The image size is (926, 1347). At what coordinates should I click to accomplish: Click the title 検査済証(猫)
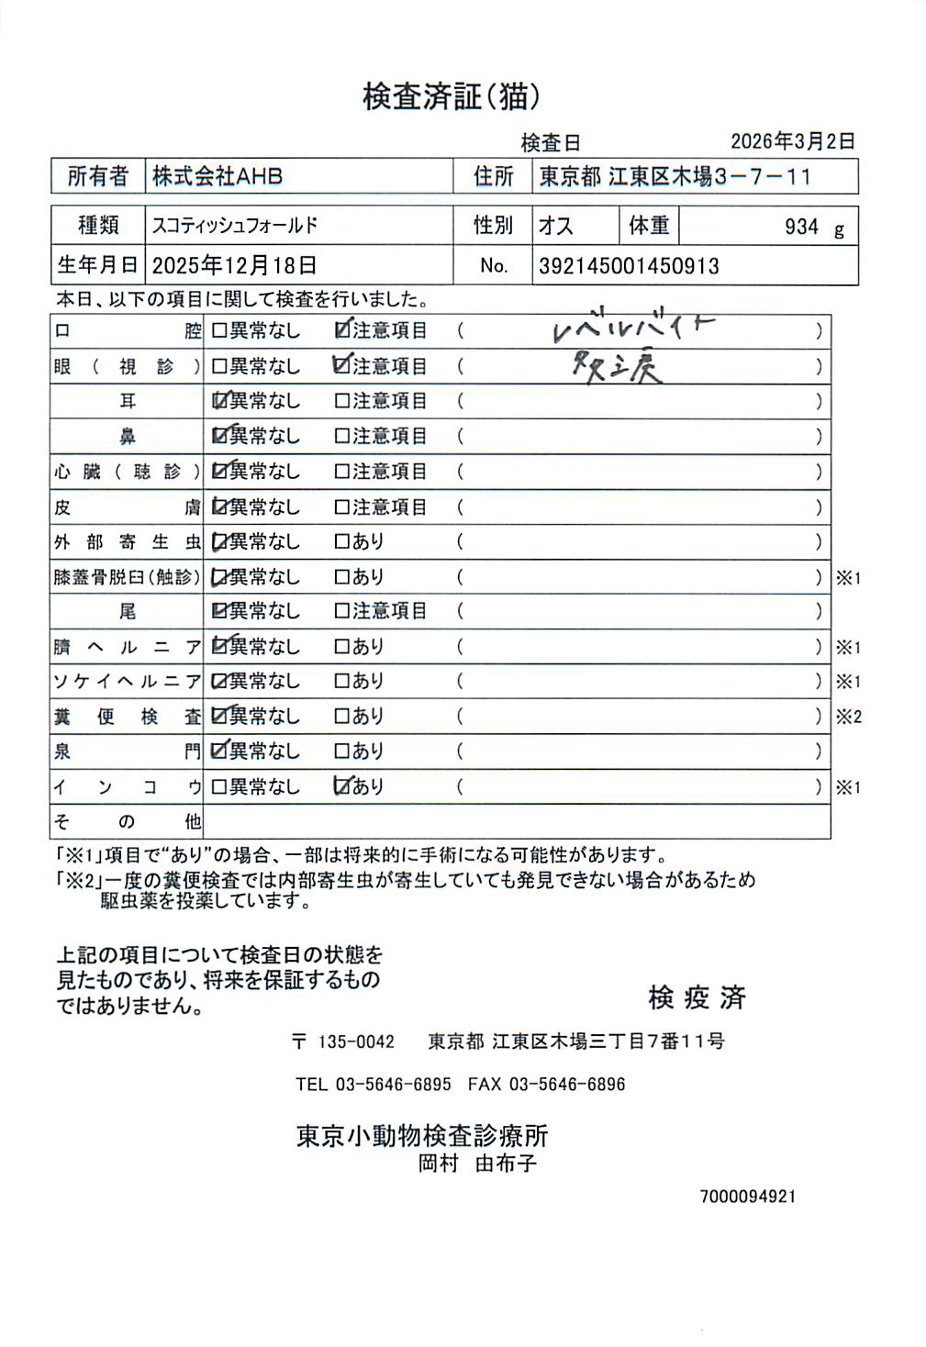click(451, 96)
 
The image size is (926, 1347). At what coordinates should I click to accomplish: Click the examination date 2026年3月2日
click(792, 141)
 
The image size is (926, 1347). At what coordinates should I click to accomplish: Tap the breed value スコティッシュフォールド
click(234, 226)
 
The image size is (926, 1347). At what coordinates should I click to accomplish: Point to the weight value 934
click(801, 228)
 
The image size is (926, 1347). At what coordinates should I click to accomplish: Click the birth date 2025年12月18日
click(234, 266)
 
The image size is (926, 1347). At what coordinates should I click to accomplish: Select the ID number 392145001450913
click(629, 266)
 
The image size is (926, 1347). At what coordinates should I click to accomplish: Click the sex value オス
click(556, 226)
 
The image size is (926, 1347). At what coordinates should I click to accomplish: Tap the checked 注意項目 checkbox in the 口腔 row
click(343, 330)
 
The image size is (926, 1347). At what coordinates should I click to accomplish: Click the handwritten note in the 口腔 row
click(632, 328)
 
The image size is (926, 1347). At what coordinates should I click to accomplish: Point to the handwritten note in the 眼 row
click(616, 368)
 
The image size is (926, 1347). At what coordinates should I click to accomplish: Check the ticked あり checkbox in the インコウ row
click(342, 786)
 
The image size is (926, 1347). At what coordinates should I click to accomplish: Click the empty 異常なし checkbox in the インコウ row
click(219, 787)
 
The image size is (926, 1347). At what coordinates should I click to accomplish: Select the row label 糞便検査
click(127, 717)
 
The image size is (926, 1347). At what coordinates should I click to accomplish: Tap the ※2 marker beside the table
click(848, 717)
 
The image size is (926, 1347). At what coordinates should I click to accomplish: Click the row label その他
click(127, 821)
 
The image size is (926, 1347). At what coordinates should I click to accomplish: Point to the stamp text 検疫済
click(697, 997)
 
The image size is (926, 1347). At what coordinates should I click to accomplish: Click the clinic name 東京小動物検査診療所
click(422, 1136)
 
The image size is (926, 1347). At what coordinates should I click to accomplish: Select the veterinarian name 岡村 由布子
click(477, 1163)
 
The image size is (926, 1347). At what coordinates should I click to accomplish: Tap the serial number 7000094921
click(747, 1197)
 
